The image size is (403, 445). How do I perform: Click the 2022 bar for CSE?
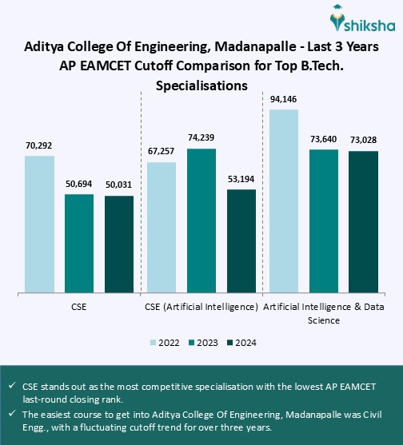tap(39, 224)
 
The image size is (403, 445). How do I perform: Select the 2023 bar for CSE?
tap(79, 243)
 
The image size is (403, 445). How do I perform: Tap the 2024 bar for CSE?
tap(119, 244)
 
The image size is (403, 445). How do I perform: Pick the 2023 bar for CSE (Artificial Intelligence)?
tap(201, 221)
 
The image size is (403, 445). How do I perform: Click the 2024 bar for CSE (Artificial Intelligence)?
tap(241, 240)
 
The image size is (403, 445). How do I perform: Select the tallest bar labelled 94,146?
tap(284, 201)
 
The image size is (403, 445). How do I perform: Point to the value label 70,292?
tap(39, 145)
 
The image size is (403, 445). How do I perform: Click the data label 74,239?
tap(201, 137)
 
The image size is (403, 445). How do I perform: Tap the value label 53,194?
tap(241, 178)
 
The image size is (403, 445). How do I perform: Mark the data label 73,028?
tap(363, 140)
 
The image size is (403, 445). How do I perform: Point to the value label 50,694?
tap(79, 184)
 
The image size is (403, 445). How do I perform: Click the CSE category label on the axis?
tap(78, 307)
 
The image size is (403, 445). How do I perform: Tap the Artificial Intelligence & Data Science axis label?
tap(323, 313)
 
